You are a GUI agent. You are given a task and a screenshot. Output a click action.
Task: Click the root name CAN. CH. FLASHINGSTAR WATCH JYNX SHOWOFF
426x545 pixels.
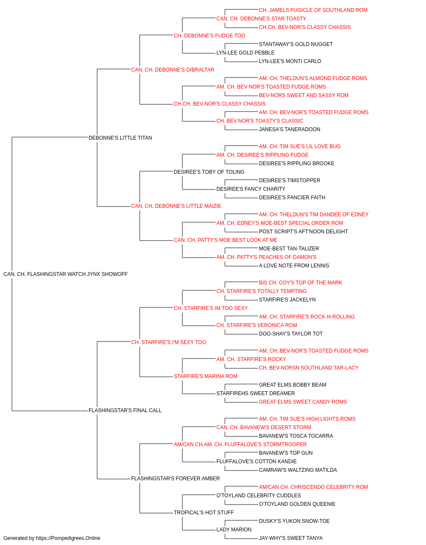[66, 274]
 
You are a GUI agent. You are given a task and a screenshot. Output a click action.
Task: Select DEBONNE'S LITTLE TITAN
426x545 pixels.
[120, 138]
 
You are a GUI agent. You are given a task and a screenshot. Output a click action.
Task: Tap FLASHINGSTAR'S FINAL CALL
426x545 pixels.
[125, 410]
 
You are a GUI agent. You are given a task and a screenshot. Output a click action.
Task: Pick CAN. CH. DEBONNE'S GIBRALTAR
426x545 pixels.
[173, 70]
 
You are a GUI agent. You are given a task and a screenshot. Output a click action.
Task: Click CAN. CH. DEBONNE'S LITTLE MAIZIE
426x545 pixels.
[176, 206]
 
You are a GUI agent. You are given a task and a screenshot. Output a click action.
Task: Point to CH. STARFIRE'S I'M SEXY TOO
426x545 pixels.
[168, 342]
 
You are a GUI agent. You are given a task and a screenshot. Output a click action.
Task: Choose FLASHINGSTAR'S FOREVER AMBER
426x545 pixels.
[176, 478]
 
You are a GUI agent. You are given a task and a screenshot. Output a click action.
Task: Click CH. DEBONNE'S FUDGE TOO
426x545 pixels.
[210, 36]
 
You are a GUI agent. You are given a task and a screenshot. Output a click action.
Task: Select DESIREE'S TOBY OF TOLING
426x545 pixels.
[209, 172]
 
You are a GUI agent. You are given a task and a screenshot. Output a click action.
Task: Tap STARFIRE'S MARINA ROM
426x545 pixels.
[205, 376]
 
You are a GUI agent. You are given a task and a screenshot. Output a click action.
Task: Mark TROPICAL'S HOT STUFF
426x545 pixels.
[204, 512]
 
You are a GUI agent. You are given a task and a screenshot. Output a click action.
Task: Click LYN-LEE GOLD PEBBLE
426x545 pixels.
[245, 53]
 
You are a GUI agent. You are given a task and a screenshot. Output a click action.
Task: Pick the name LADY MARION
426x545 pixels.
[234, 529]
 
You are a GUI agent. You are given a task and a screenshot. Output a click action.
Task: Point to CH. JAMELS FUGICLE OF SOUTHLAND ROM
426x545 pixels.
[313, 10]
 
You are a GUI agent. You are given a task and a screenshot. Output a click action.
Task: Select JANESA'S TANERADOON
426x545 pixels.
[290, 129]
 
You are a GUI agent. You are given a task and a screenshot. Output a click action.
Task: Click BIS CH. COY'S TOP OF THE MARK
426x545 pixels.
[300, 283]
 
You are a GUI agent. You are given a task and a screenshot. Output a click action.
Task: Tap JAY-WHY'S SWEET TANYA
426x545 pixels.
[291, 538]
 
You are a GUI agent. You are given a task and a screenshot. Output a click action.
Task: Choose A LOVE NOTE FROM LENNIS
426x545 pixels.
[294, 266]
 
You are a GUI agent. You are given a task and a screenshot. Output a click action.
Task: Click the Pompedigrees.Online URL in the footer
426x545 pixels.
[68, 538]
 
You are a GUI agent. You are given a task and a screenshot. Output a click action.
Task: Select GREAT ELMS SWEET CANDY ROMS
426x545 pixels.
[303, 402]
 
